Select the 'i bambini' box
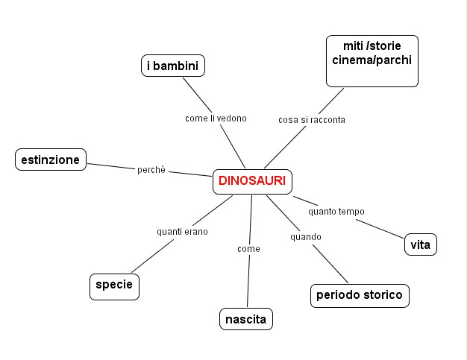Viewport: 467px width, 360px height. (x=173, y=66)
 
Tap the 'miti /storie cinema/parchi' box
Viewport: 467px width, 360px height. (x=372, y=60)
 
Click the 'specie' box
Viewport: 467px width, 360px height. (x=114, y=285)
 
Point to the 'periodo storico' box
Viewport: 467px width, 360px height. (x=359, y=295)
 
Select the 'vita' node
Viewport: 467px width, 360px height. (x=420, y=244)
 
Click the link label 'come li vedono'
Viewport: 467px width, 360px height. (x=216, y=118)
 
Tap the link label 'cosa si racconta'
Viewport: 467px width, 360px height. (x=311, y=119)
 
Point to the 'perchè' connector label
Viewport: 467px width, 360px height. (x=151, y=169)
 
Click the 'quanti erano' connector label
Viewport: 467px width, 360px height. (x=182, y=231)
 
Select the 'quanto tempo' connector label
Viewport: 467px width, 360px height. (x=336, y=211)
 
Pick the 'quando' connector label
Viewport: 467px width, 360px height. (x=306, y=237)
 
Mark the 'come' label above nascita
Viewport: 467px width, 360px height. (x=248, y=248)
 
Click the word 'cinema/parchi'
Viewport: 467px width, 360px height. (x=372, y=60)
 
